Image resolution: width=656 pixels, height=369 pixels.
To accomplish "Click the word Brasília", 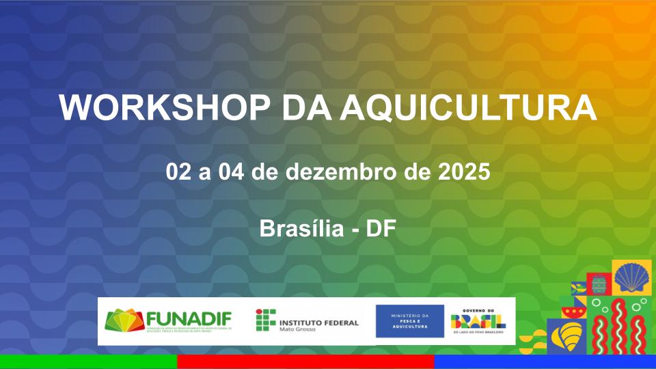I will coord(301,228).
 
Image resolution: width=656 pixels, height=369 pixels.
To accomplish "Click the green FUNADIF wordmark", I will coord(189,318).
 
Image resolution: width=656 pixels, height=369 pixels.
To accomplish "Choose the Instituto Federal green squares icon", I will coord(265,320).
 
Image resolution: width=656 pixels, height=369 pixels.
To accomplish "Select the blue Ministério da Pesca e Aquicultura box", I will coord(409,321).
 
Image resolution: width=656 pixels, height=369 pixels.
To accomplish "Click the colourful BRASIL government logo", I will coord(478,320).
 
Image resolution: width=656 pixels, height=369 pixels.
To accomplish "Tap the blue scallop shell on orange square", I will coord(631,276).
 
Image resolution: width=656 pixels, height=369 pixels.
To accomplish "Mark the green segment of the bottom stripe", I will coord(88,361).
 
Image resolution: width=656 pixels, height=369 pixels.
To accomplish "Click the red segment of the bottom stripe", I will coord(305,361).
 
